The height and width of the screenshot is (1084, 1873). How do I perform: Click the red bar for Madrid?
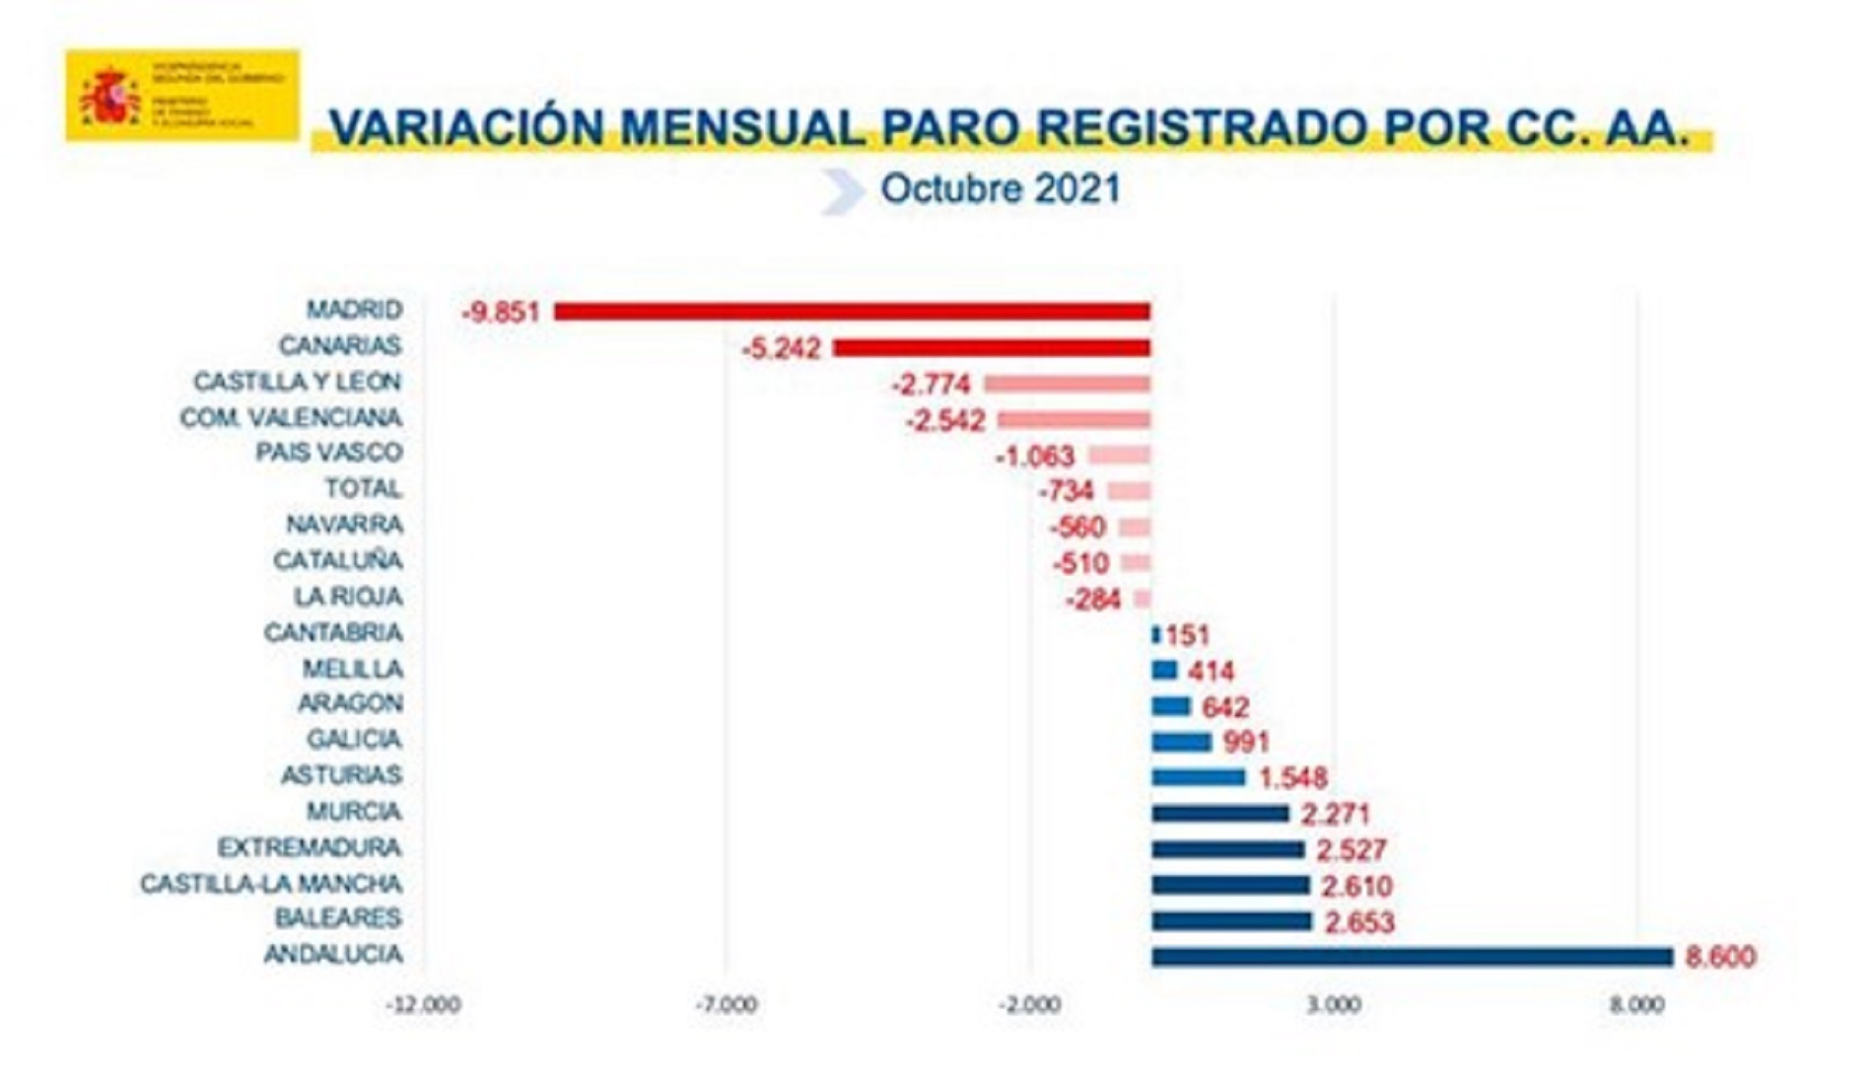[852, 312]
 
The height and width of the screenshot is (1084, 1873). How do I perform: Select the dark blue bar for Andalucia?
[1412, 957]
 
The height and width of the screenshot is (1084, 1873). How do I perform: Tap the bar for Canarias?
[992, 348]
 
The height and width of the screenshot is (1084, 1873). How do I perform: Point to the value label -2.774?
[931, 385]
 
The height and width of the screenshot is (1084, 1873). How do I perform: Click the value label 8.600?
[1720, 957]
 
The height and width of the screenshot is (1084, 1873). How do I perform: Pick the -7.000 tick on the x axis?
[727, 1005]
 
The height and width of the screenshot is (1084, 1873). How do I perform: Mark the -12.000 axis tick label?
[424, 1005]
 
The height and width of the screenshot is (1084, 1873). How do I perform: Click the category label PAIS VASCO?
[329, 453]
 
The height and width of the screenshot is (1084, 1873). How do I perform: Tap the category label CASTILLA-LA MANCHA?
[271, 884]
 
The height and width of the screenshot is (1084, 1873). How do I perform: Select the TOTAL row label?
[364, 489]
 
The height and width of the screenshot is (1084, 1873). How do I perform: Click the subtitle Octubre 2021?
[1000, 189]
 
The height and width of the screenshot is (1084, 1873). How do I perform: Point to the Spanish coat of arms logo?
[110, 97]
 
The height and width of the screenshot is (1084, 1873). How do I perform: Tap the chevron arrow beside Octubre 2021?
[841, 191]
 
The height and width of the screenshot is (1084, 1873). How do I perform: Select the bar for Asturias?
[1199, 777]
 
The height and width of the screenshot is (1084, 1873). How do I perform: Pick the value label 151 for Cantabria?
[1187, 635]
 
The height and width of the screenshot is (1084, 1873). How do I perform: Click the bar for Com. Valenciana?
[1074, 420]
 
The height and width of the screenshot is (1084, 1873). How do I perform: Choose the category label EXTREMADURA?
[310, 848]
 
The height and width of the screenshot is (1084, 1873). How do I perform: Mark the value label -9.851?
[501, 313]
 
